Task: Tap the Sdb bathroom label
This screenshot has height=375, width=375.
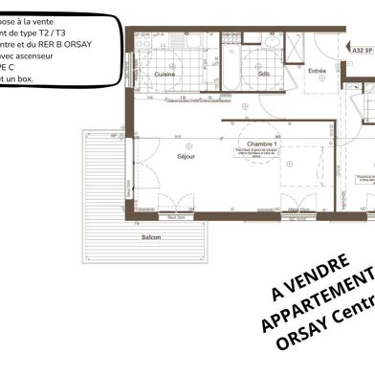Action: point(263,74)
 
